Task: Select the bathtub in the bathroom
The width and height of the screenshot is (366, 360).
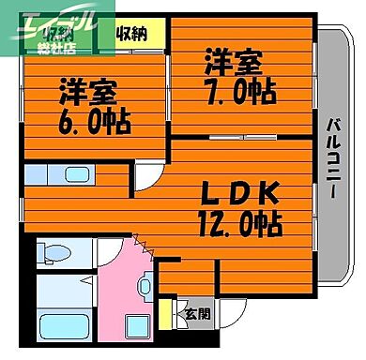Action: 64,329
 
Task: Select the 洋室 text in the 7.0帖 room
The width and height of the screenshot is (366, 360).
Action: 230,63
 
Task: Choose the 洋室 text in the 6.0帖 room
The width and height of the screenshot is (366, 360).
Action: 86,94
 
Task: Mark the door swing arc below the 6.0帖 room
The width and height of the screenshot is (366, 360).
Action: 148,174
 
